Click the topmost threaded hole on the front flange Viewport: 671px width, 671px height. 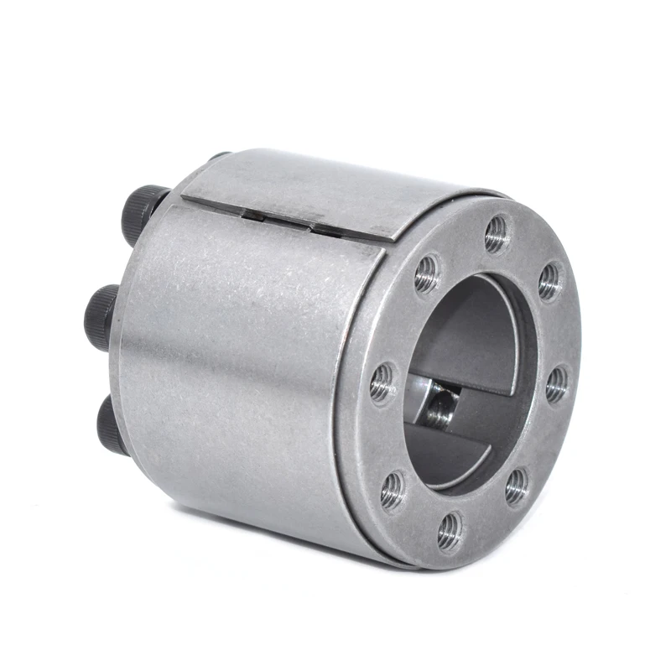click(497, 234)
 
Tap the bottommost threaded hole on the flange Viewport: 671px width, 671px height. click(450, 530)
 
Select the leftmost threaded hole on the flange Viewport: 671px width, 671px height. click(382, 382)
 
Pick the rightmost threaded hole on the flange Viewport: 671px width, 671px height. click(556, 384)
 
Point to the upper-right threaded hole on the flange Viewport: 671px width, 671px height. click(549, 282)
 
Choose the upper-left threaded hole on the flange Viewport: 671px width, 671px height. click(427, 273)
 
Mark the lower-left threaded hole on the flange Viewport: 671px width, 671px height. click(393, 490)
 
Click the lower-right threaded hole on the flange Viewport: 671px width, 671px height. click(517, 486)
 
